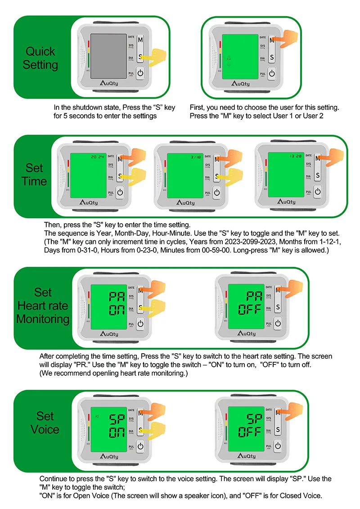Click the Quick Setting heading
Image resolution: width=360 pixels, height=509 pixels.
point(40,58)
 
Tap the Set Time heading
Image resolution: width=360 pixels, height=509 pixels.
point(35,175)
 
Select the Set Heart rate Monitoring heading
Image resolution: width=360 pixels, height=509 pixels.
point(43,306)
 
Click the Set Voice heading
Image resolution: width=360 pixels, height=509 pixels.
point(45,423)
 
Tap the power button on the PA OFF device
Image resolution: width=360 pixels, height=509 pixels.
point(278,323)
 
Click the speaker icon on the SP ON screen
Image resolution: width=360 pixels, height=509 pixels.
point(96,415)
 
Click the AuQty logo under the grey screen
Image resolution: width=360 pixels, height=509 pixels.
point(109,83)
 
